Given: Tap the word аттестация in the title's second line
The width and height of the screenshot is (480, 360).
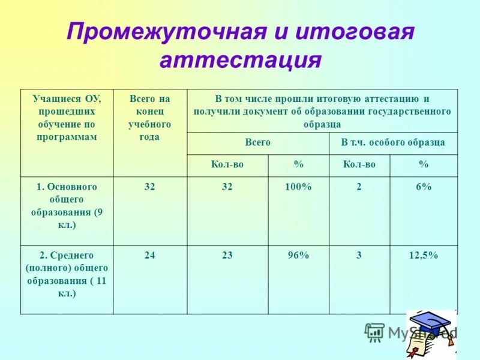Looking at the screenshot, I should click(240, 61).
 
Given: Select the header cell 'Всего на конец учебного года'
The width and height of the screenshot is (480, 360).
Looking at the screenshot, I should click(150, 118).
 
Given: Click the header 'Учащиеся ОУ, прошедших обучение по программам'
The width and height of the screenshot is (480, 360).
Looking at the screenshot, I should click(67, 118).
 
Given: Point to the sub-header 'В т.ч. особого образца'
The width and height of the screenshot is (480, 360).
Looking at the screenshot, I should click(393, 143).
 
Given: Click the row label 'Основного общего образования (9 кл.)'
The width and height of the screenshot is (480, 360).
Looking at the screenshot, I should click(67, 206).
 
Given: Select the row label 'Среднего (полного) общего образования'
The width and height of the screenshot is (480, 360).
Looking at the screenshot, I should click(67, 274).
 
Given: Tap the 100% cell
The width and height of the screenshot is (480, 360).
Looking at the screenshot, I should click(298, 187).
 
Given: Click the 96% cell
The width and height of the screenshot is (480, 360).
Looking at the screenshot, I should click(298, 256).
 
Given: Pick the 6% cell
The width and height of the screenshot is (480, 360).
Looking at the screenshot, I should click(423, 187).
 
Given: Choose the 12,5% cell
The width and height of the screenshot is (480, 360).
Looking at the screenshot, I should click(423, 256).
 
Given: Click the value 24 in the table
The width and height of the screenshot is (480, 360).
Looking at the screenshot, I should click(150, 256).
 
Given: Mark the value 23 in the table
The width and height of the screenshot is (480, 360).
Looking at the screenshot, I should click(227, 256).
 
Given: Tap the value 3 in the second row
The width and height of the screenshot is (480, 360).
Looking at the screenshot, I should click(359, 256).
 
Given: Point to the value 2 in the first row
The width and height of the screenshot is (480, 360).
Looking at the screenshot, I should click(359, 187).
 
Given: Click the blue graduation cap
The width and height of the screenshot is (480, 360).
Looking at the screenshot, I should click(433, 324).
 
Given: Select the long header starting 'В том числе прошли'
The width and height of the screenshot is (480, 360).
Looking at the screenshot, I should click(322, 111).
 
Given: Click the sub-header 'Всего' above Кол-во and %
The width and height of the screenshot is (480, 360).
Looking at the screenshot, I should click(258, 143).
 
